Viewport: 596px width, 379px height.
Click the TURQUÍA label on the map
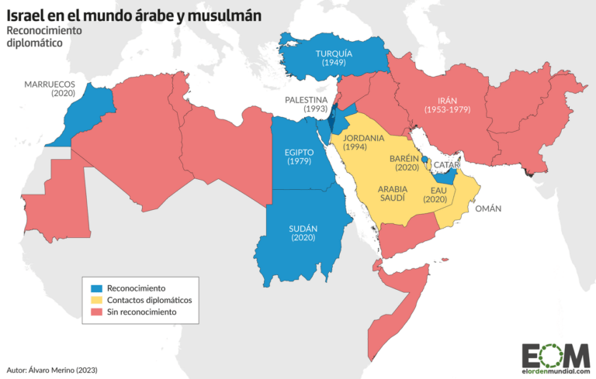click(334, 53)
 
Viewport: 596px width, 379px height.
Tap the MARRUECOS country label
click(49, 84)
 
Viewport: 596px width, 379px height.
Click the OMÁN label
click(489, 208)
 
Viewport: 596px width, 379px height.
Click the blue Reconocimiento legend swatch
click(97, 288)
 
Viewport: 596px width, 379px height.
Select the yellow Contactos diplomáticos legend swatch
click(97, 299)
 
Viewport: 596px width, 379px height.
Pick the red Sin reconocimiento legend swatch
click(97, 312)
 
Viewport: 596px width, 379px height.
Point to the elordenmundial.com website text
click(553, 371)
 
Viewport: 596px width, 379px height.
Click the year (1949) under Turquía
click(334, 63)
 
